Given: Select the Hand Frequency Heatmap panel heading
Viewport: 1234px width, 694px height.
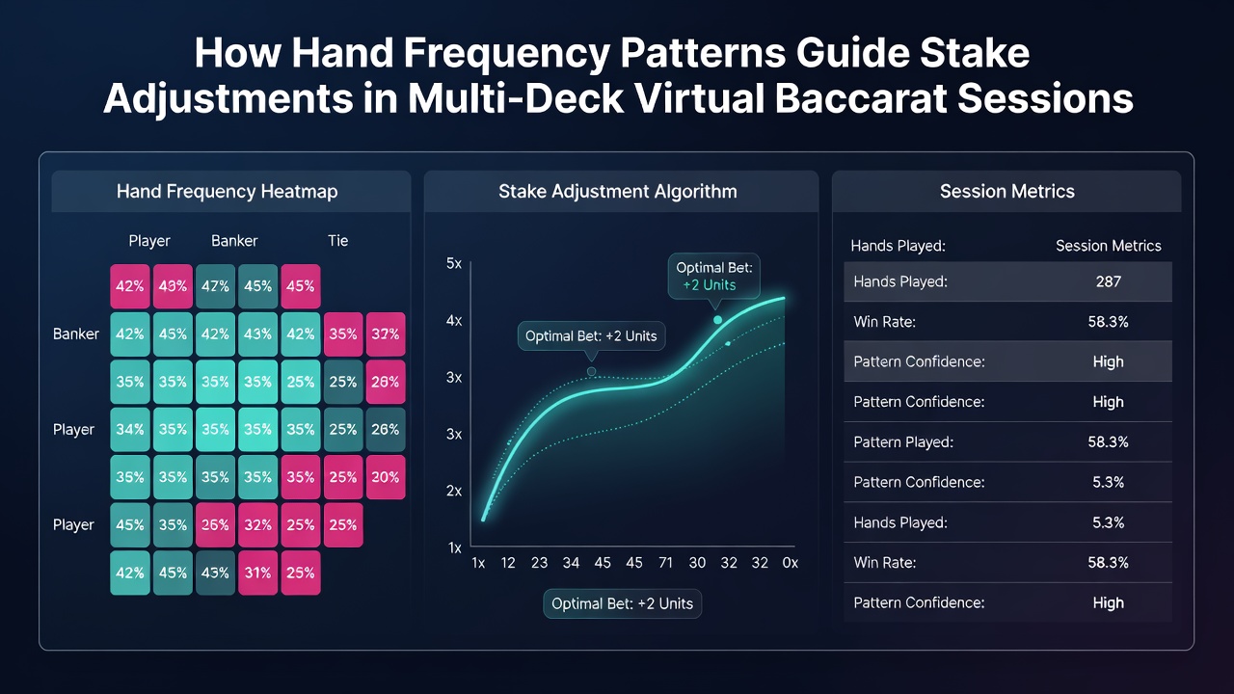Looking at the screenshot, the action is tap(227, 191).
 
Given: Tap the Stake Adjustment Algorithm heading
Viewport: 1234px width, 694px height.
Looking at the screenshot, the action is tap(618, 191).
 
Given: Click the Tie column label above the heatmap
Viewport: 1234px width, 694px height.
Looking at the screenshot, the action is tap(337, 241).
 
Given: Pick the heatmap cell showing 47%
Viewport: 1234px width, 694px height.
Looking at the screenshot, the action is tap(215, 286).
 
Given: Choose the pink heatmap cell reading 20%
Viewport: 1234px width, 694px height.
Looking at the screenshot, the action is tap(385, 477).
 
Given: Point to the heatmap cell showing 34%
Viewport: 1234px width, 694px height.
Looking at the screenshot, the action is tap(130, 429).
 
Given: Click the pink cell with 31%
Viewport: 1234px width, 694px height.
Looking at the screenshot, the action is tap(257, 573).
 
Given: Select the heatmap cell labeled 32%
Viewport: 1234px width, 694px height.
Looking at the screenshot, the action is tap(257, 525).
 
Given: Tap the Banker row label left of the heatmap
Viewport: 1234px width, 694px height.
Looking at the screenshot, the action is tap(76, 334).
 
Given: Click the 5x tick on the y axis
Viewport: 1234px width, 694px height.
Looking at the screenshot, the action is tap(454, 263).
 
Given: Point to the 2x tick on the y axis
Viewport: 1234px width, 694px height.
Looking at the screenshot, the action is tap(454, 491).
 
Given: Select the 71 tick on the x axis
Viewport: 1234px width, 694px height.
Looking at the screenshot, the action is tap(665, 562).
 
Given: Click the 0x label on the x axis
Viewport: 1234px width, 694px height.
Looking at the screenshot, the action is tap(790, 562).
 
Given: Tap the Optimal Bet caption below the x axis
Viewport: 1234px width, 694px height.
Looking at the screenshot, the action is tap(623, 603).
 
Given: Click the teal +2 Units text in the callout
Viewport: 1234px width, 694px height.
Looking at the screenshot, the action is tap(709, 285).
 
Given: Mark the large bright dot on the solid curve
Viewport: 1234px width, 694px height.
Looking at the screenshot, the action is tap(717, 320).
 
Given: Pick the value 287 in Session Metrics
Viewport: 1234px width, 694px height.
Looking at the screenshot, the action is tap(1108, 282).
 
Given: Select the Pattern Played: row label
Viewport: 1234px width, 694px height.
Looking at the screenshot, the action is tap(903, 442).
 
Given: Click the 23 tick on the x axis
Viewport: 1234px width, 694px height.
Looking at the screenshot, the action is tap(539, 562).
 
